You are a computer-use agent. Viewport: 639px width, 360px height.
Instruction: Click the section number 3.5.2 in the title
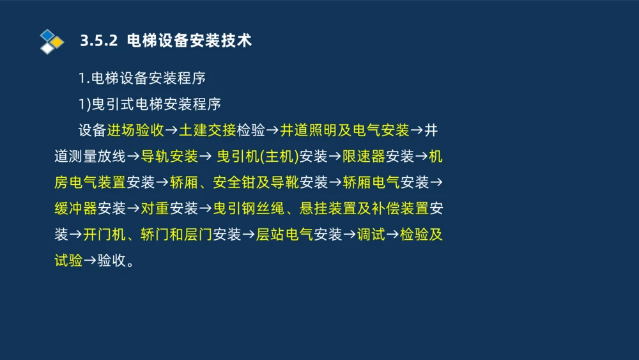tap(99, 41)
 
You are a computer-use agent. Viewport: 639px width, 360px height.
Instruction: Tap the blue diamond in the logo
tap(47, 35)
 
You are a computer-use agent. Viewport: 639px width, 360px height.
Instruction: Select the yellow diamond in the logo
tap(58, 42)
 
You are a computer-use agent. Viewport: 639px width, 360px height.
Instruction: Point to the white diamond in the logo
tap(47, 48)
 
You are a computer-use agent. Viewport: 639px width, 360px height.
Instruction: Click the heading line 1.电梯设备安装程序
tap(142, 79)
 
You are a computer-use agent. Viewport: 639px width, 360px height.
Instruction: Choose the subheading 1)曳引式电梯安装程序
tap(150, 104)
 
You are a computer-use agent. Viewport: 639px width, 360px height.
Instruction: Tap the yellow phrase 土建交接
tap(208, 130)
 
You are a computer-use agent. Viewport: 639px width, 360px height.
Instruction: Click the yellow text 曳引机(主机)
tap(258, 157)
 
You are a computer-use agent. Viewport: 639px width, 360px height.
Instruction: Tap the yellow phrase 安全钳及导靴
tap(256, 183)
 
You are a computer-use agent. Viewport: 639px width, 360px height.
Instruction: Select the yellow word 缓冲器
tap(76, 208)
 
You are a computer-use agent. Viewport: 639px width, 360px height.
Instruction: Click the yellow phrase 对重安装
tap(169, 208)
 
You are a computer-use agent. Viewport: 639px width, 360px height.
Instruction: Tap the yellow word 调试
tap(371, 235)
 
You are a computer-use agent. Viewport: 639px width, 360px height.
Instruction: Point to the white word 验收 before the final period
tap(112, 261)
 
